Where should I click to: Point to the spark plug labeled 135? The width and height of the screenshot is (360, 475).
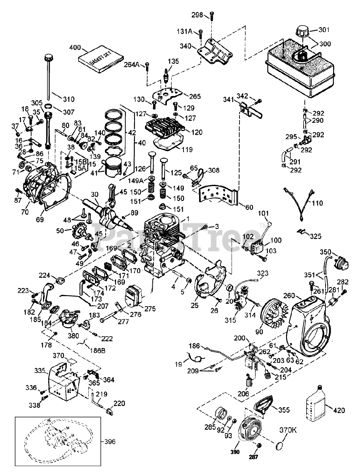165,74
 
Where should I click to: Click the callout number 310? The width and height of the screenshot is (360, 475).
69,99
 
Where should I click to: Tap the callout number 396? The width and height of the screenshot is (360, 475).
110,442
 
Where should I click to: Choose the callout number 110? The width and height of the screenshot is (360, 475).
318,203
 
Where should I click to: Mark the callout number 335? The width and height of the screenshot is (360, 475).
40,370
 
